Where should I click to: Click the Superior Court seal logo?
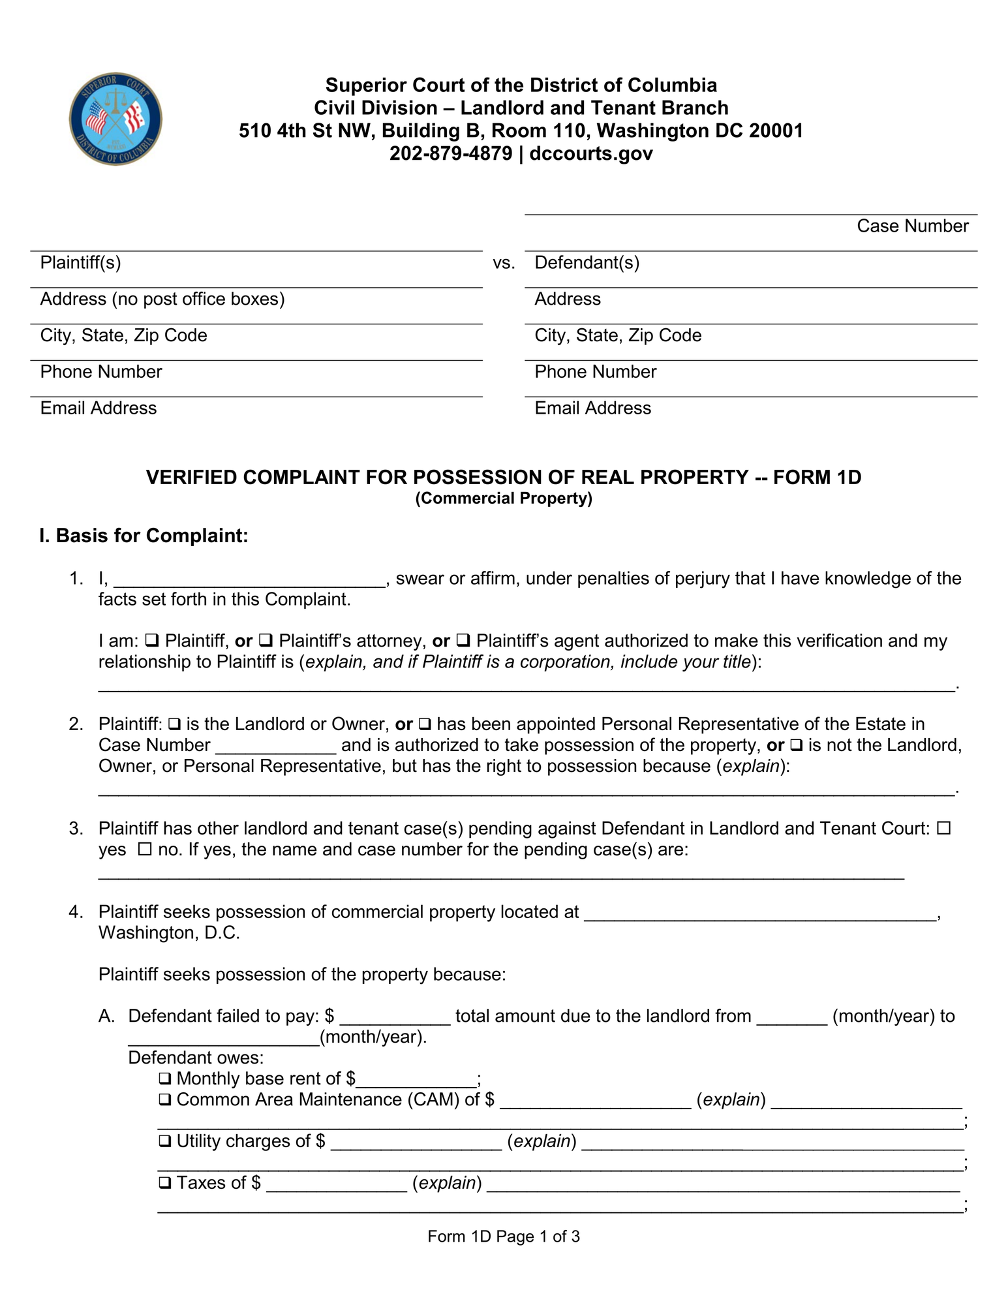(x=115, y=119)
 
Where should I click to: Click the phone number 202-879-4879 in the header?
(x=450, y=154)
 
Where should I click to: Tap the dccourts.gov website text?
(x=591, y=154)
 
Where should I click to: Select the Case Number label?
(x=912, y=226)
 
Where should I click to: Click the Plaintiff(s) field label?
(x=81, y=263)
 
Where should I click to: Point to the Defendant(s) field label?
(x=587, y=263)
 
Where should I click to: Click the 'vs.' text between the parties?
(x=504, y=264)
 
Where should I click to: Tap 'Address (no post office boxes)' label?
(x=162, y=299)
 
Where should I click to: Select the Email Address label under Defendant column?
(x=592, y=408)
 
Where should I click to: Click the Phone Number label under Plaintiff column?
(x=101, y=372)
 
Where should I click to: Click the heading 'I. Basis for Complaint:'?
(x=144, y=536)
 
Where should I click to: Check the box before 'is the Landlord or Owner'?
(x=174, y=724)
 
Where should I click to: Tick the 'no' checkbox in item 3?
(x=145, y=850)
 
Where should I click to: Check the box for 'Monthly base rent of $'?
(x=165, y=1079)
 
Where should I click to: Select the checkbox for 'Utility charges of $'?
(x=165, y=1141)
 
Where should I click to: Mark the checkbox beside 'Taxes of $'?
(x=165, y=1183)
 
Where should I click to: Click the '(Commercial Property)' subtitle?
(x=504, y=499)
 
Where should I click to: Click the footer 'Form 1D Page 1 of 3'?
(x=504, y=1236)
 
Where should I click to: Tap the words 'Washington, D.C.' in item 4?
(x=169, y=933)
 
